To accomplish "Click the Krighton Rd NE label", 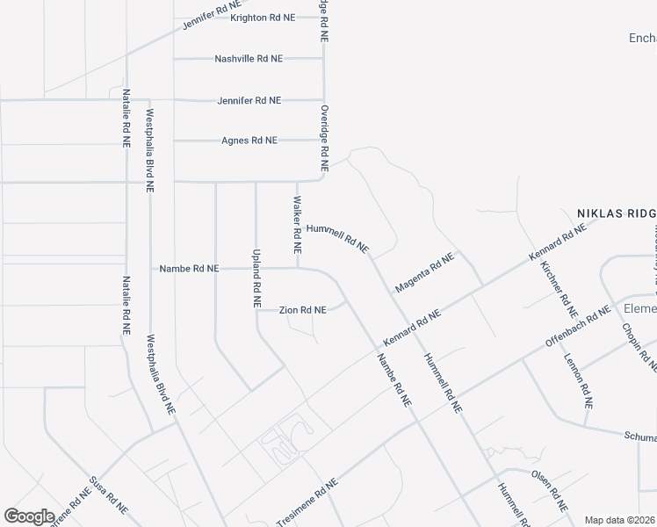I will click(262, 18).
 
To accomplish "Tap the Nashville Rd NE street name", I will click(249, 59).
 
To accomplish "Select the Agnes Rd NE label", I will click(249, 141).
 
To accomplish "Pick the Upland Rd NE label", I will click(256, 276).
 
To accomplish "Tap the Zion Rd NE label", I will click(302, 310).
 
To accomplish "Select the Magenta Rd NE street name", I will click(424, 272).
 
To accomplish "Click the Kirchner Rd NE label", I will click(559, 288).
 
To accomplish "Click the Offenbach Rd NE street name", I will click(577, 327).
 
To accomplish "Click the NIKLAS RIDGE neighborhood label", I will click(616, 213).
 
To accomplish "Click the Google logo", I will click(29, 516).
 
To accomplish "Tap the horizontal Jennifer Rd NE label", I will click(249, 100).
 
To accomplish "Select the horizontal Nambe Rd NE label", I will click(189, 269).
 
